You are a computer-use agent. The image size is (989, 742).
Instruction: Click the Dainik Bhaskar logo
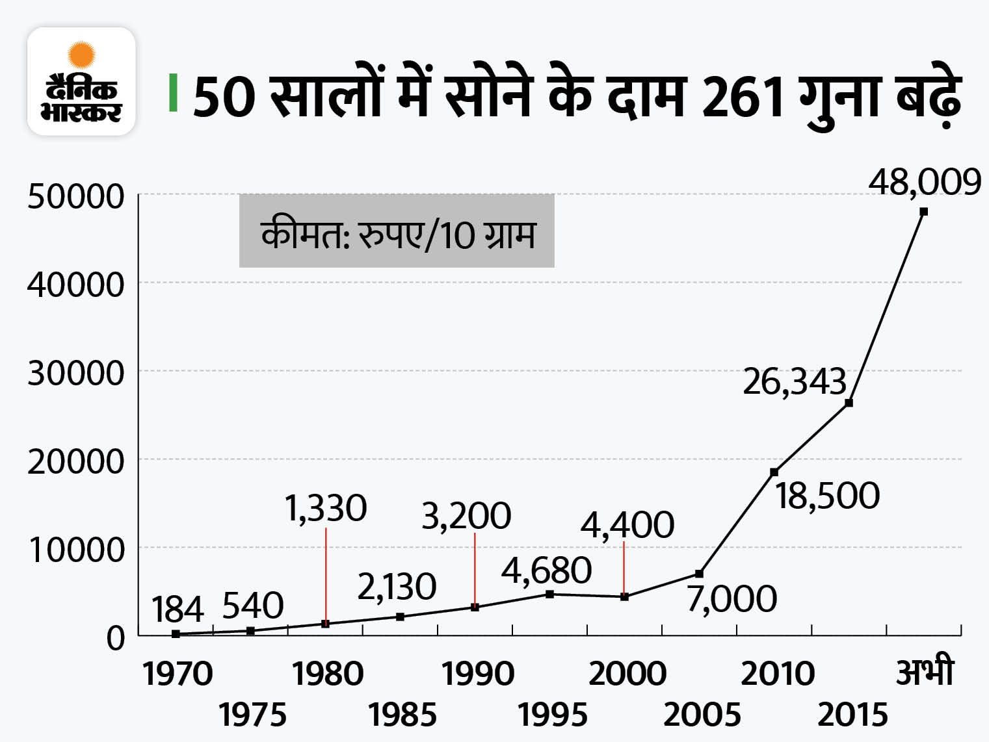point(81,81)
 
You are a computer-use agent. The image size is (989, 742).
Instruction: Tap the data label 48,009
point(924,183)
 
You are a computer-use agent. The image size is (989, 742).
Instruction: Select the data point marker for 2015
point(849,403)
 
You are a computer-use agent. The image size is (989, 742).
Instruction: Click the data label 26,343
point(794,381)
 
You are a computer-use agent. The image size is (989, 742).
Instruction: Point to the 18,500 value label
point(827,496)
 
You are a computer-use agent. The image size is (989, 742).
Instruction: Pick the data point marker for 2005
point(699,574)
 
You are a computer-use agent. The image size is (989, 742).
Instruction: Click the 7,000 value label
point(732,599)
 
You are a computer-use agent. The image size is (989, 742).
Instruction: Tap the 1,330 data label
point(326,508)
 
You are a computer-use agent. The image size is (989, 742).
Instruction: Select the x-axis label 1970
point(177,674)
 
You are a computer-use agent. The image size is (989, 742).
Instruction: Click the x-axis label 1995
point(552,715)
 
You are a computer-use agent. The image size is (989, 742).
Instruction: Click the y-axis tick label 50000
point(75,196)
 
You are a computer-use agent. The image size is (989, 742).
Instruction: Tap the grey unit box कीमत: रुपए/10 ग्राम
point(397,231)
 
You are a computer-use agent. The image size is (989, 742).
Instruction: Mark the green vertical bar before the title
point(173,93)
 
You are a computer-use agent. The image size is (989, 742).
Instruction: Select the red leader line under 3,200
point(475,569)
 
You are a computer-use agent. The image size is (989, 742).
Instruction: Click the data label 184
point(178,609)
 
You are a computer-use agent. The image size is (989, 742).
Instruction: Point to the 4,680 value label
point(546,570)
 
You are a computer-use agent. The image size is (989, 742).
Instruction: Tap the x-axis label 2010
point(777,674)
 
